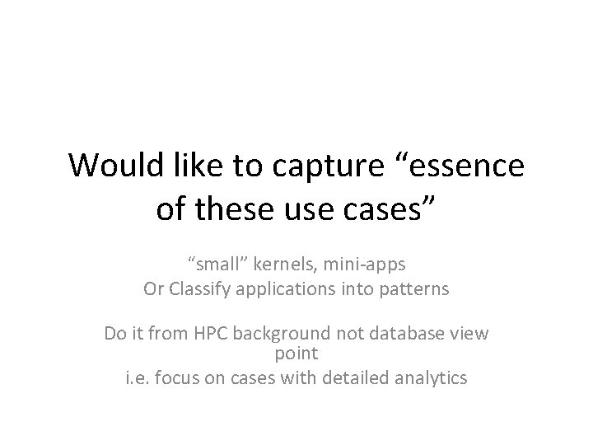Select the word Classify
click(x=203, y=289)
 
